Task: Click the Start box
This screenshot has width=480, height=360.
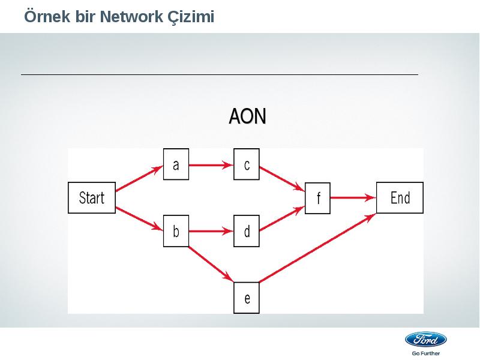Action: click(x=92, y=198)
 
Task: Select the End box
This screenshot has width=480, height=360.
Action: click(x=400, y=198)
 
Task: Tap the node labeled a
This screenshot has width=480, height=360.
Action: click(x=176, y=164)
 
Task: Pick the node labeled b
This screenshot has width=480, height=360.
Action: click(x=176, y=231)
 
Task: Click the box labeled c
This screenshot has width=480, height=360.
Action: click(x=247, y=164)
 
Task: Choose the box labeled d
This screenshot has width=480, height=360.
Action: click(x=247, y=231)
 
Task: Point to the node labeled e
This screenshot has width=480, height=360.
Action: click(x=247, y=298)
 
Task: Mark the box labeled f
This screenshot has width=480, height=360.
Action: click(x=318, y=198)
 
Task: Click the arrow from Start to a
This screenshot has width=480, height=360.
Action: click(x=139, y=178)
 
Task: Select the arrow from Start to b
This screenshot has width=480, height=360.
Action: click(x=139, y=218)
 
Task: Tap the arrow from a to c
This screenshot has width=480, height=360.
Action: click(x=211, y=166)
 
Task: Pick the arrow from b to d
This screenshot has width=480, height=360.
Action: click(x=211, y=231)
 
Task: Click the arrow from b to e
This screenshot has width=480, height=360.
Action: click(x=211, y=264)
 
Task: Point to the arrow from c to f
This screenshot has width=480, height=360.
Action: click(x=282, y=179)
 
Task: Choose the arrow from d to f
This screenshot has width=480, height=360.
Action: click(x=282, y=218)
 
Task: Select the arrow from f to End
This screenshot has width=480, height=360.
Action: click(x=353, y=198)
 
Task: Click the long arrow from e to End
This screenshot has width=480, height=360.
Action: click(x=318, y=248)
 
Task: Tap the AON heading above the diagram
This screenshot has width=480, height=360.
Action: click(x=248, y=116)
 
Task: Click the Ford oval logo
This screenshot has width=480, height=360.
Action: click(x=426, y=340)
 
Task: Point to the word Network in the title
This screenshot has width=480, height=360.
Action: click(x=131, y=17)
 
